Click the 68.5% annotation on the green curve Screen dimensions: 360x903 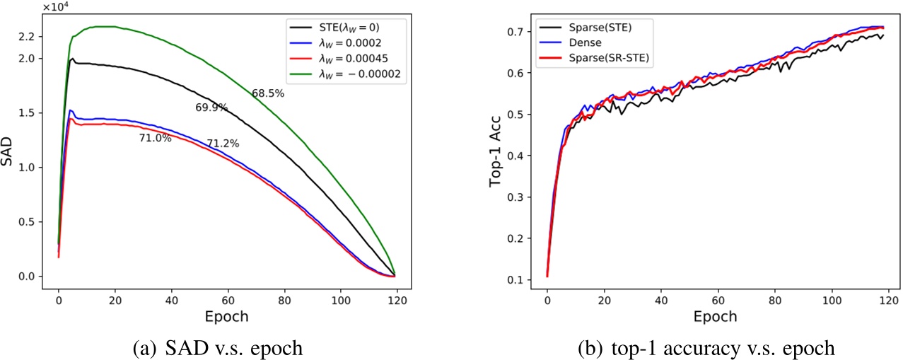click(x=268, y=93)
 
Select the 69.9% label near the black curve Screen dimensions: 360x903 click(x=211, y=108)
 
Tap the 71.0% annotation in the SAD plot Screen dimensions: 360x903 click(x=155, y=139)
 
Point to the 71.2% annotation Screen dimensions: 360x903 click(x=223, y=144)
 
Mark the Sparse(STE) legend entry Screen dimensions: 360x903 click(x=594, y=28)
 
